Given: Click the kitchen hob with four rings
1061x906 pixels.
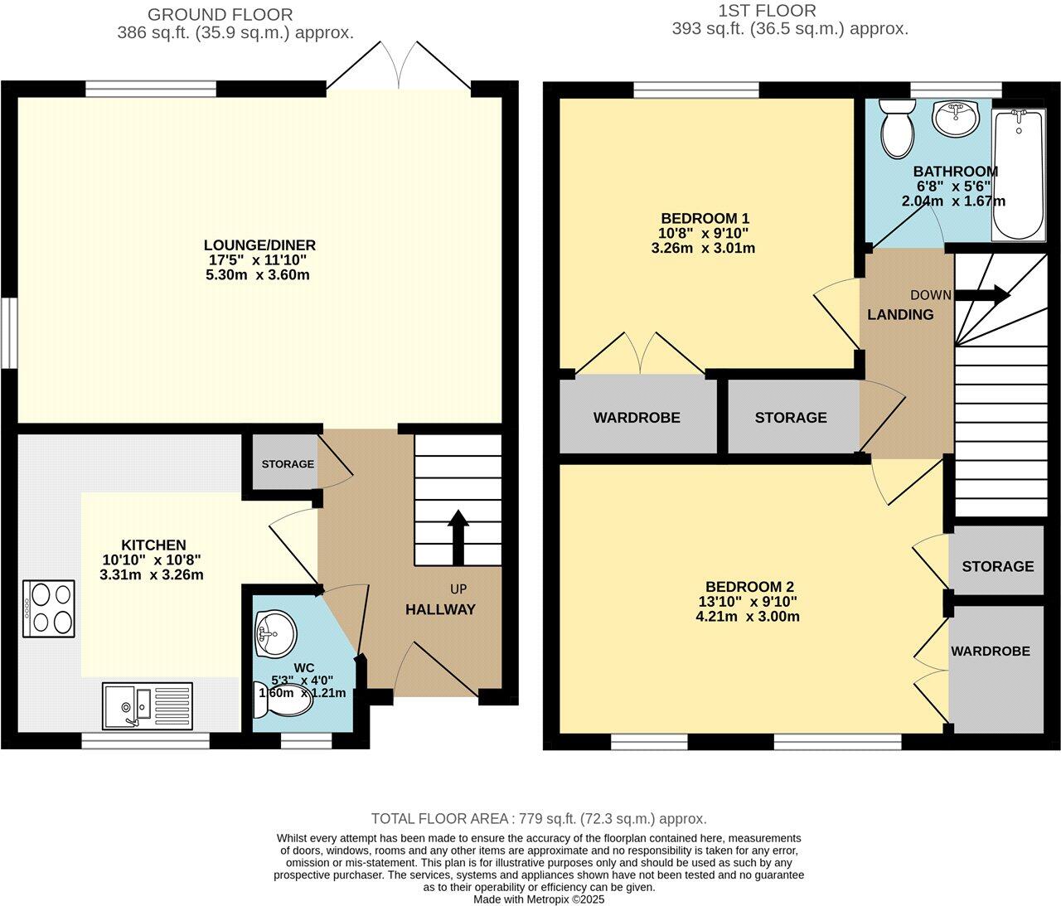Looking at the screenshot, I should pyautogui.click(x=49, y=608).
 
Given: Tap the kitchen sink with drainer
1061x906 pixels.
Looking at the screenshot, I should pyautogui.click(x=147, y=706).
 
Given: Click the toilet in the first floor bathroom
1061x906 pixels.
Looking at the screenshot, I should pyautogui.click(x=896, y=129).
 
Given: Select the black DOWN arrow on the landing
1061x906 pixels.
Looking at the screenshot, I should pyautogui.click(x=984, y=294).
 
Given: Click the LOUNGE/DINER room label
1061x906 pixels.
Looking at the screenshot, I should pyautogui.click(x=259, y=245).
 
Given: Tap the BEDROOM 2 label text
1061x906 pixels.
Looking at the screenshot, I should pyautogui.click(x=744, y=587).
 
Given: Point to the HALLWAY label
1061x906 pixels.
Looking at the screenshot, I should pyautogui.click(x=440, y=609).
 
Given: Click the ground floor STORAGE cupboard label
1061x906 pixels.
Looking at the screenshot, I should pyautogui.click(x=288, y=463).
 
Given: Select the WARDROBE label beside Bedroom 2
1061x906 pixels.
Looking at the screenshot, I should pyautogui.click(x=990, y=652).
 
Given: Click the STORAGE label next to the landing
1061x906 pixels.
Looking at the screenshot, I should pyautogui.click(x=790, y=418).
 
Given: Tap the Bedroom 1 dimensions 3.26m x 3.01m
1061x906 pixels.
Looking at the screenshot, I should pyautogui.click(x=703, y=248).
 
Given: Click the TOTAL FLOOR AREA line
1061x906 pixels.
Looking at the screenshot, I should pyautogui.click(x=539, y=819).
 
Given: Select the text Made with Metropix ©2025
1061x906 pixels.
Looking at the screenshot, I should pyautogui.click(x=539, y=899).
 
